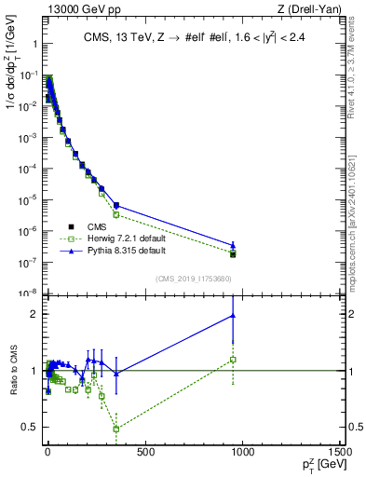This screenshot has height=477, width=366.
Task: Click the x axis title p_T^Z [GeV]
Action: [x=316, y=465]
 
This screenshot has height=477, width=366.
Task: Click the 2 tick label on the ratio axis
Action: [x=33, y=314]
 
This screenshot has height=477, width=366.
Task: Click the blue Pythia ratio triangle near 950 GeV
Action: [x=233, y=316]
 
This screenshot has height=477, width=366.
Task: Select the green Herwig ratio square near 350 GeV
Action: [x=115, y=429]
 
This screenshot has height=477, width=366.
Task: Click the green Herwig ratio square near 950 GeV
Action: [x=233, y=360]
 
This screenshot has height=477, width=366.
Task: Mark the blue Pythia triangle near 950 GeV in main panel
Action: [x=233, y=246]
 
